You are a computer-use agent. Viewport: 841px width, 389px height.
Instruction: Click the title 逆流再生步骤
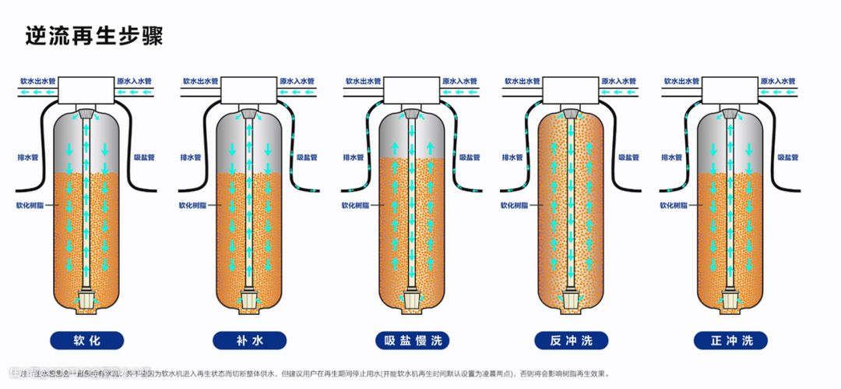click(x=94, y=35)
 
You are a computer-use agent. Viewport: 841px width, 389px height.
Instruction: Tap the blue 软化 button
click(x=87, y=340)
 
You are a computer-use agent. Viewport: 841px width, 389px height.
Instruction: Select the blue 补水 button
click(x=248, y=340)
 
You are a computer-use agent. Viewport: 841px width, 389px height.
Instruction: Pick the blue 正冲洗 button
click(x=731, y=340)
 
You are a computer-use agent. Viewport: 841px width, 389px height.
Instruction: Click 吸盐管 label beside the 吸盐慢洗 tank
click(x=468, y=157)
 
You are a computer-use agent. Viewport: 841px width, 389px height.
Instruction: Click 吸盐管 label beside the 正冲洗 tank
click(x=788, y=157)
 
